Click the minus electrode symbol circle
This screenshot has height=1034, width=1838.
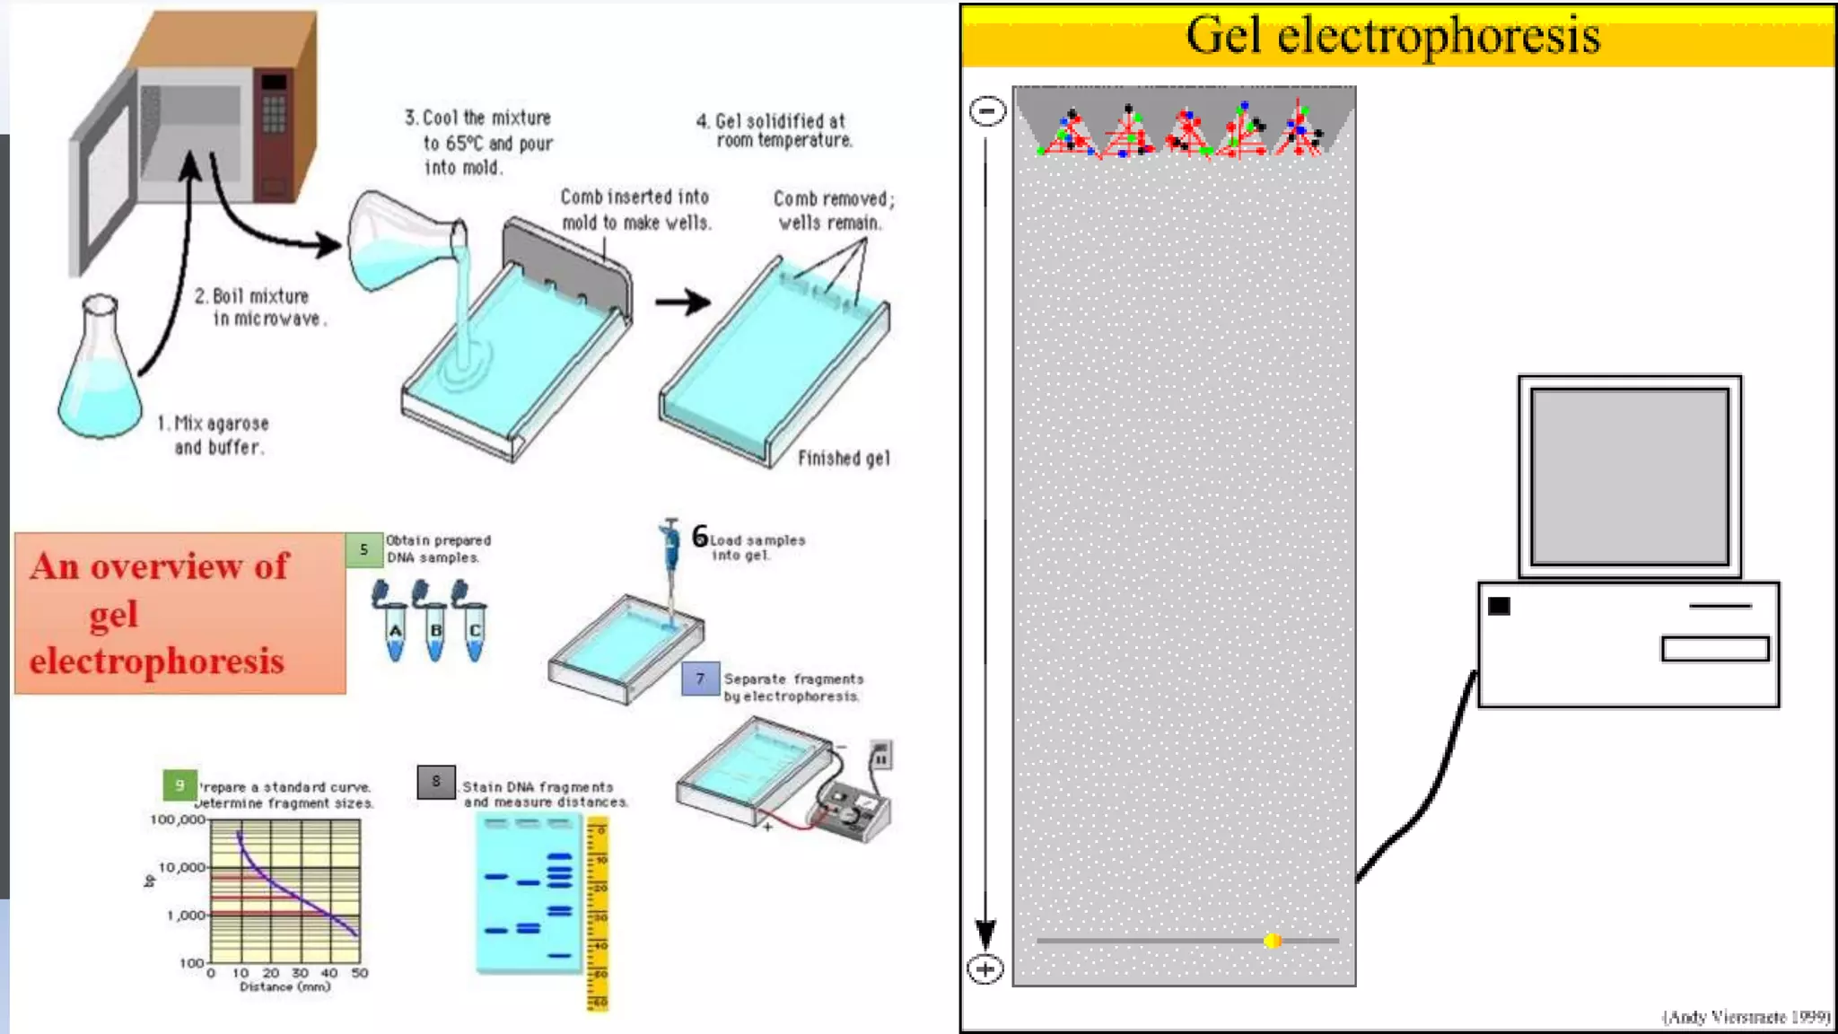[987, 111]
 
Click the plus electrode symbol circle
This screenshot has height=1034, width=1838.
[985, 969]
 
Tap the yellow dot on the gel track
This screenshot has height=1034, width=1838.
[1272, 941]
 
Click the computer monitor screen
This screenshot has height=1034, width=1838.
[1629, 476]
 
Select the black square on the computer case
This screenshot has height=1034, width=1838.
[1499, 606]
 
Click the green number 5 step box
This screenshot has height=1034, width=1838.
[363, 549]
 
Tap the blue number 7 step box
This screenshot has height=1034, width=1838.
[700, 679]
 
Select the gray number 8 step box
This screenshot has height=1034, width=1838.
[436, 781]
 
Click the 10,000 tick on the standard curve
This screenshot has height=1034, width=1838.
[182, 867]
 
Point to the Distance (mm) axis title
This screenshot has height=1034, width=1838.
[284, 986]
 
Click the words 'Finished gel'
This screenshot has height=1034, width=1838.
[844, 459]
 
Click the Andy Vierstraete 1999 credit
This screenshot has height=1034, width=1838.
[1745, 1016]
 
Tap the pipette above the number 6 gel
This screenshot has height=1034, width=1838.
[670, 556]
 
